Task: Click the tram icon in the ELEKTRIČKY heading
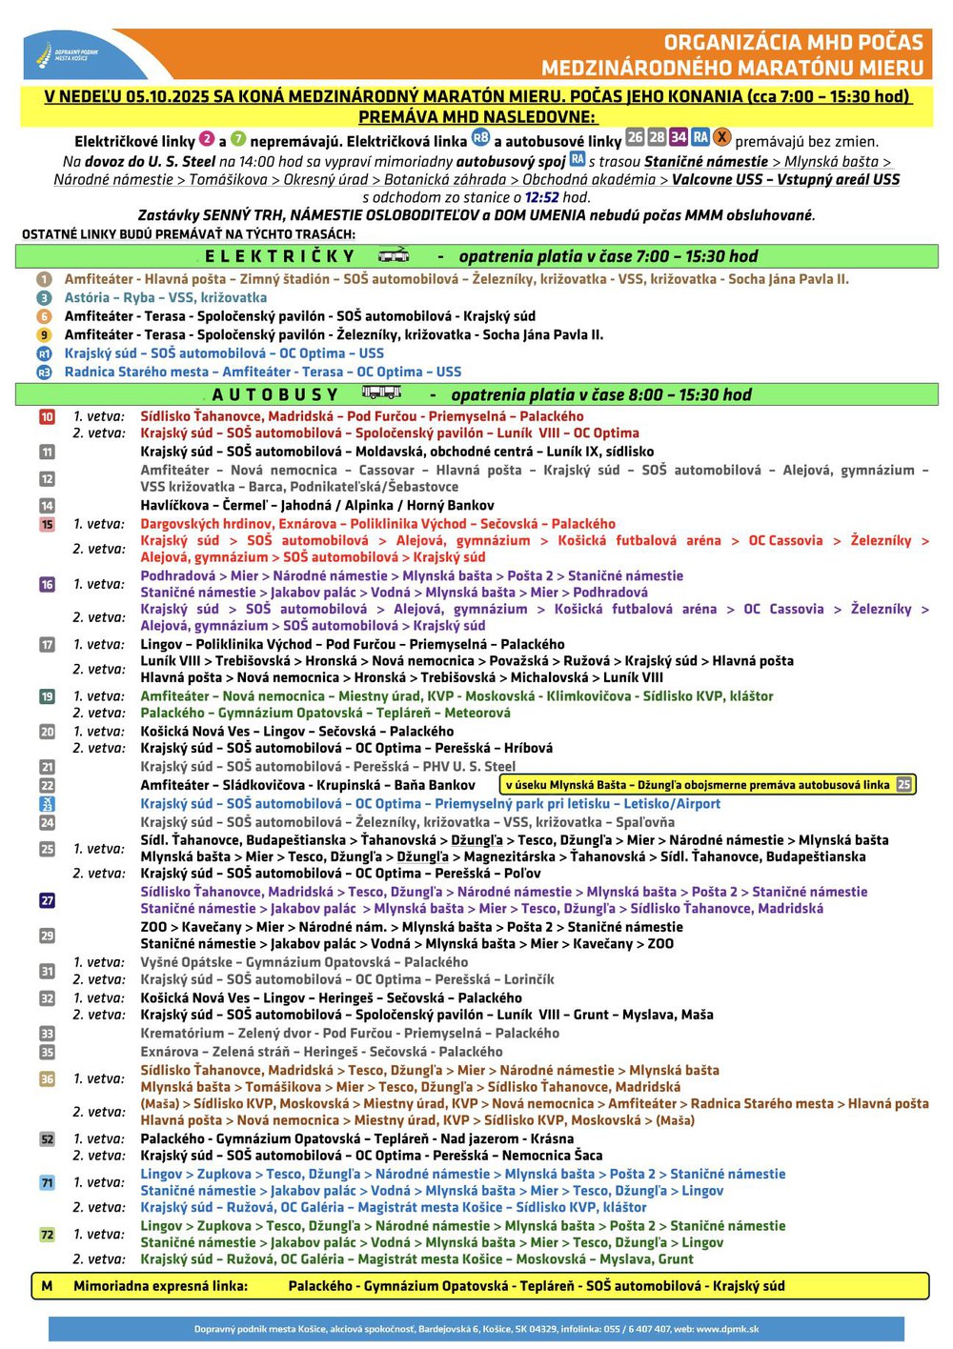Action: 394,255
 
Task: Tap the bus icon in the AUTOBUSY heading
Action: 381,393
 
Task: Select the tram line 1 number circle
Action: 44,279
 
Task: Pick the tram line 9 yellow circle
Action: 44,334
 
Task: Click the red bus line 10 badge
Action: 47,416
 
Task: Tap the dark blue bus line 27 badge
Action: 47,900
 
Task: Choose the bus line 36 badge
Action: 47,1078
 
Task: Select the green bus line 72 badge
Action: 47,1234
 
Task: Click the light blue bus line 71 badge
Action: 47,1182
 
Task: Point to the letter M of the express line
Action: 47,1285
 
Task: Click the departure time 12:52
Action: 542,197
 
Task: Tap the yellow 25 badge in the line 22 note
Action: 904,784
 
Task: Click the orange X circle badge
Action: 722,137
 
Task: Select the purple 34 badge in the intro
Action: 679,137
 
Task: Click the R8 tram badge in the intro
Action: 481,138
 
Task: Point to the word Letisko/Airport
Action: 672,803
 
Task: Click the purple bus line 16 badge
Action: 47,584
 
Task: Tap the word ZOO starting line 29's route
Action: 153,926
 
